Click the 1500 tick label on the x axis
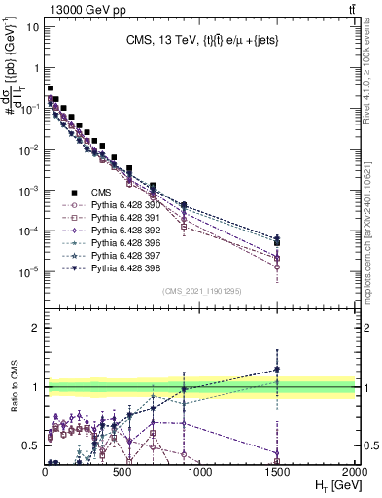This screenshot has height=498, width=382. [277, 471]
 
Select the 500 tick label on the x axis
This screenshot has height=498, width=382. [122, 471]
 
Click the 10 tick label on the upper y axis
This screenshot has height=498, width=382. [33, 26]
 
